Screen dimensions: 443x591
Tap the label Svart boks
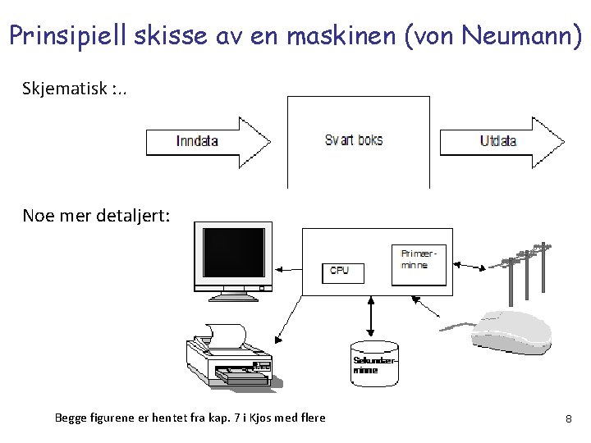[354, 140]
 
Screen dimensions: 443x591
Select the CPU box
[341, 270]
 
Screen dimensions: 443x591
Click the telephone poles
[525, 267]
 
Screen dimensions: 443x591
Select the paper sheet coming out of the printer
[227, 333]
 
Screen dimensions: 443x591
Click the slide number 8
[568, 419]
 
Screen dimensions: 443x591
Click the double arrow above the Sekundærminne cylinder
[372, 317]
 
